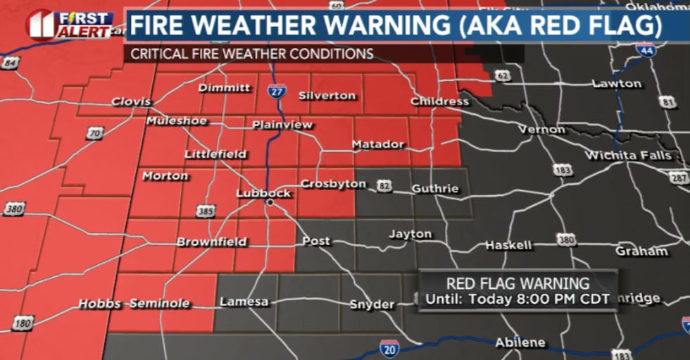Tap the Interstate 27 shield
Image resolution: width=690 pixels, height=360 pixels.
click(x=277, y=89)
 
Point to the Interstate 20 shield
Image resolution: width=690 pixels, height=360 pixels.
click(x=389, y=347)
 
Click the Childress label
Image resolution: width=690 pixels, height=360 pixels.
click(x=439, y=101)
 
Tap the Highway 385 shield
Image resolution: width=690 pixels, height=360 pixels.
click(x=203, y=211)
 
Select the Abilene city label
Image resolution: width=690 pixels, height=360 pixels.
click(x=520, y=342)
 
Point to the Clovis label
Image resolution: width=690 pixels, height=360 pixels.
click(x=131, y=101)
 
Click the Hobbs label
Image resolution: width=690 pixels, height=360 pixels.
click(x=100, y=304)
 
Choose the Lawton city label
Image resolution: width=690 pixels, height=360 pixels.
click(x=617, y=83)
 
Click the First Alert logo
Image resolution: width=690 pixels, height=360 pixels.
click(x=69, y=25)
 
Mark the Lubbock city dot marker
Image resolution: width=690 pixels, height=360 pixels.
click(x=269, y=203)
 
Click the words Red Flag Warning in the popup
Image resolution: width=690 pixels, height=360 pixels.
click(x=518, y=284)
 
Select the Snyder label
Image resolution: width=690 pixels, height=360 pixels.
click(x=372, y=304)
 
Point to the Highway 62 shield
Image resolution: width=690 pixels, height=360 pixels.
click(x=501, y=75)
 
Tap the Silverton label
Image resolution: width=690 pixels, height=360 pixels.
click(x=327, y=95)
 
